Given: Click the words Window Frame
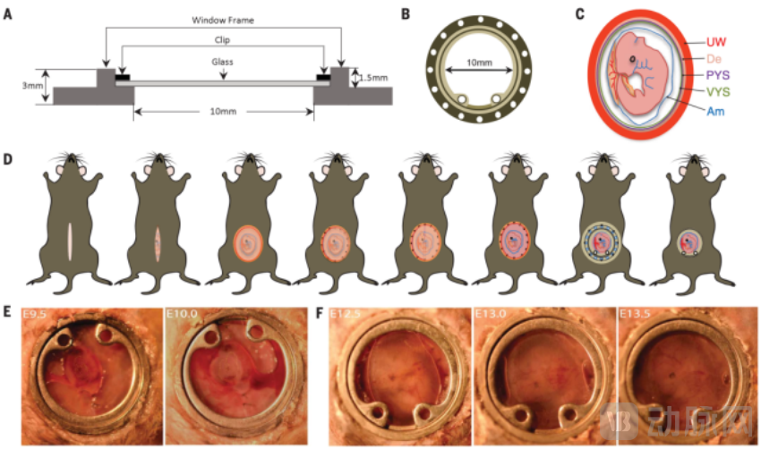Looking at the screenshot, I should [223, 19].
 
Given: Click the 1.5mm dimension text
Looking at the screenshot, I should [374, 77].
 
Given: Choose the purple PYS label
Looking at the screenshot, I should [718, 75].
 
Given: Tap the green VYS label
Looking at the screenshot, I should [718, 92].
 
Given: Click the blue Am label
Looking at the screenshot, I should [715, 111].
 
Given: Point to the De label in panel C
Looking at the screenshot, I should [714, 59].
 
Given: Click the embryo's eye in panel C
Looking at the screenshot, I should [633, 61].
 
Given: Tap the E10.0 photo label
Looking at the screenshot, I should [184, 314].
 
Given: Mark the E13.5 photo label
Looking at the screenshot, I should [637, 314].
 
